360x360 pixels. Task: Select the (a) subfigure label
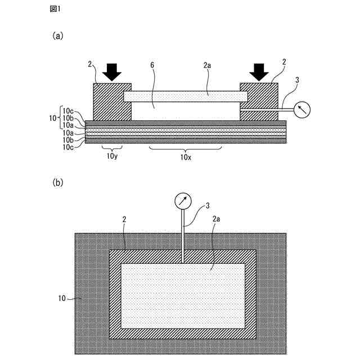pos(58,35)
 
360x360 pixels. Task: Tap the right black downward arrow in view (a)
pos(259,71)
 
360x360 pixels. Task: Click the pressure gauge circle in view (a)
pos(303,109)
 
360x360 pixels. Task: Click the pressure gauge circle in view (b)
pos(183,200)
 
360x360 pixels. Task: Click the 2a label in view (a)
pos(207,65)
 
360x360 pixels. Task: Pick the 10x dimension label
pos(186,157)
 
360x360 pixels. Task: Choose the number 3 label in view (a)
pos(296,80)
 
